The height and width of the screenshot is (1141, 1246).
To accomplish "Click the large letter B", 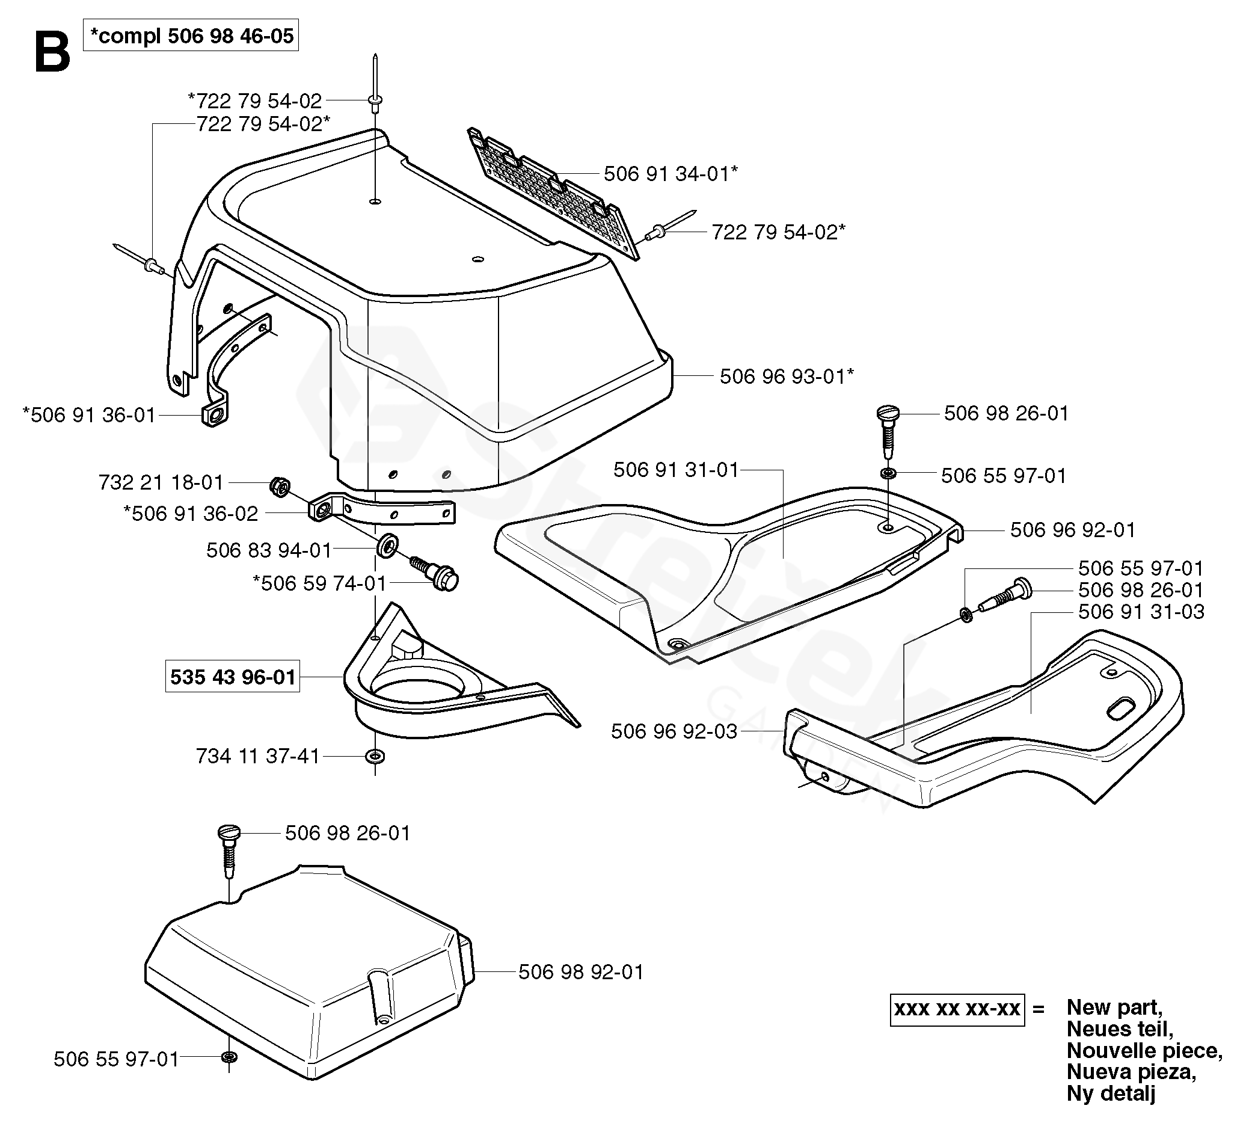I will tap(52, 53).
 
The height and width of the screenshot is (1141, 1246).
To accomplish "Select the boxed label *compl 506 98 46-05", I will tap(191, 36).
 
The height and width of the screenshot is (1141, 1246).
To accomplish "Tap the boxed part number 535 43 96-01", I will tap(232, 677).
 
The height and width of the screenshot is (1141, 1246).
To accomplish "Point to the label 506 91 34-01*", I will tap(671, 174).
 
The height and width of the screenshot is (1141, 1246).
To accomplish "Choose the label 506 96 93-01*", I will tap(787, 376).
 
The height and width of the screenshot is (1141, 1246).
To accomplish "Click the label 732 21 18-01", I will tap(161, 482).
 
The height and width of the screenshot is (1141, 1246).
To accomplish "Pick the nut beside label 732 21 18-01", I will tap(280, 487).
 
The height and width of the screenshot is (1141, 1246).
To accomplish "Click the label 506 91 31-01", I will tap(676, 470).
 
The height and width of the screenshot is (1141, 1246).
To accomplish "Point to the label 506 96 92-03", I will tap(674, 731).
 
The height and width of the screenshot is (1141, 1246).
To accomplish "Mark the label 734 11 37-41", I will tap(258, 756).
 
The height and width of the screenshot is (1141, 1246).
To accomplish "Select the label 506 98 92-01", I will tap(581, 971).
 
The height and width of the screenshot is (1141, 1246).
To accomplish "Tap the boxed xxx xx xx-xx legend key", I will tap(957, 1009).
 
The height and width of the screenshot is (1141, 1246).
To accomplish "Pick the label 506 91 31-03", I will tap(1141, 611).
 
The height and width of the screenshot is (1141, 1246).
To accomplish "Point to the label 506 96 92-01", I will tap(1073, 530).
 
